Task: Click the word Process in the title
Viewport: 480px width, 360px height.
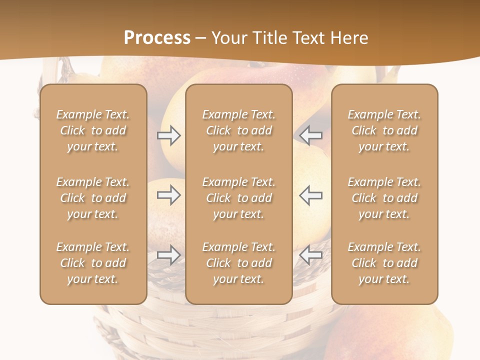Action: point(157,38)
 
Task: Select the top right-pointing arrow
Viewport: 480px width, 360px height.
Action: point(168,135)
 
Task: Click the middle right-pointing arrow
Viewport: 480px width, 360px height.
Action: point(168,195)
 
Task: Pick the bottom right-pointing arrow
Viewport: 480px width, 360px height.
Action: point(168,255)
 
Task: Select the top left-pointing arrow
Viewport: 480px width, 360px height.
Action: point(311,135)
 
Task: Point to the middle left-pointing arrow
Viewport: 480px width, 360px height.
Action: point(311,195)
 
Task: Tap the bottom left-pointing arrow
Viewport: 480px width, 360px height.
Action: point(311,255)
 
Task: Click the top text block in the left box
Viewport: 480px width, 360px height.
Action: point(93,130)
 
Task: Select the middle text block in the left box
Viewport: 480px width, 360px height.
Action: point(93,198)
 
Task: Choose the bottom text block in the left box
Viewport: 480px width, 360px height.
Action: point(93,263)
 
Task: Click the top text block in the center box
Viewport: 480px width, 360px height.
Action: point(239,130)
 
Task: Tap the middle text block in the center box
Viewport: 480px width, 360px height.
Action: point(239,198)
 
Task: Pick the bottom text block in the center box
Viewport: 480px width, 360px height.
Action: point(239,263)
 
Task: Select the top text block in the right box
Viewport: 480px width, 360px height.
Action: point(384,130)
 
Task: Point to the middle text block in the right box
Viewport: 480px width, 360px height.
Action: point(384,198)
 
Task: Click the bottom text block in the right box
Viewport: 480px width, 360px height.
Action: point(384,263)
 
